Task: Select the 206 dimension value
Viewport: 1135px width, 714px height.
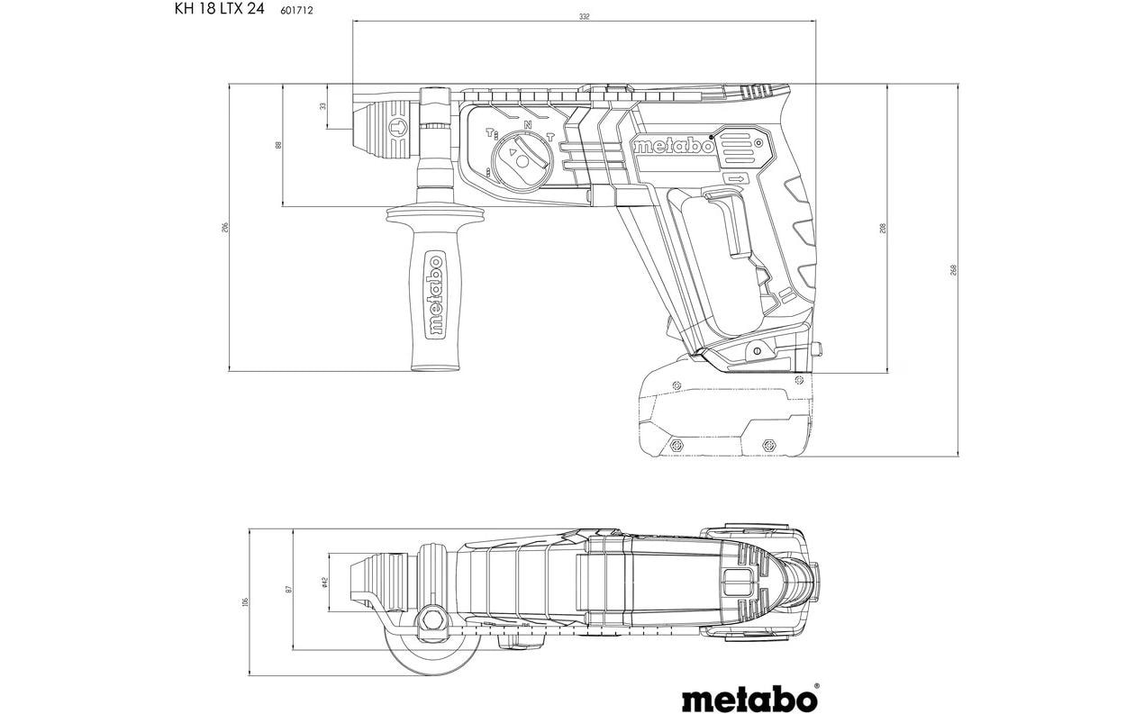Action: (x=225, y=228)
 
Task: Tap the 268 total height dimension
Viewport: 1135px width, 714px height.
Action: (x=952, y=270)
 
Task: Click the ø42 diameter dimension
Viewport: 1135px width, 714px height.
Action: (x=323, y=583)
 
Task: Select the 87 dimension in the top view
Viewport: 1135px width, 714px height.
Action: (x=289, y=589)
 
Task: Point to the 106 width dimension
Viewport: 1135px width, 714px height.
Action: (x=245, y=601)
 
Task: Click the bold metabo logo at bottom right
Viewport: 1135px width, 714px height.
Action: (x=749, y=698)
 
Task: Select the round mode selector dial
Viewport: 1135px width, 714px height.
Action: (x=523, y=158)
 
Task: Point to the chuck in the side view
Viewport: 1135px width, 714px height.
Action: (x=388, y=128)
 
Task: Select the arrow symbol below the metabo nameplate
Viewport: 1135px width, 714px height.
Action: (x=737, y=179)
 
